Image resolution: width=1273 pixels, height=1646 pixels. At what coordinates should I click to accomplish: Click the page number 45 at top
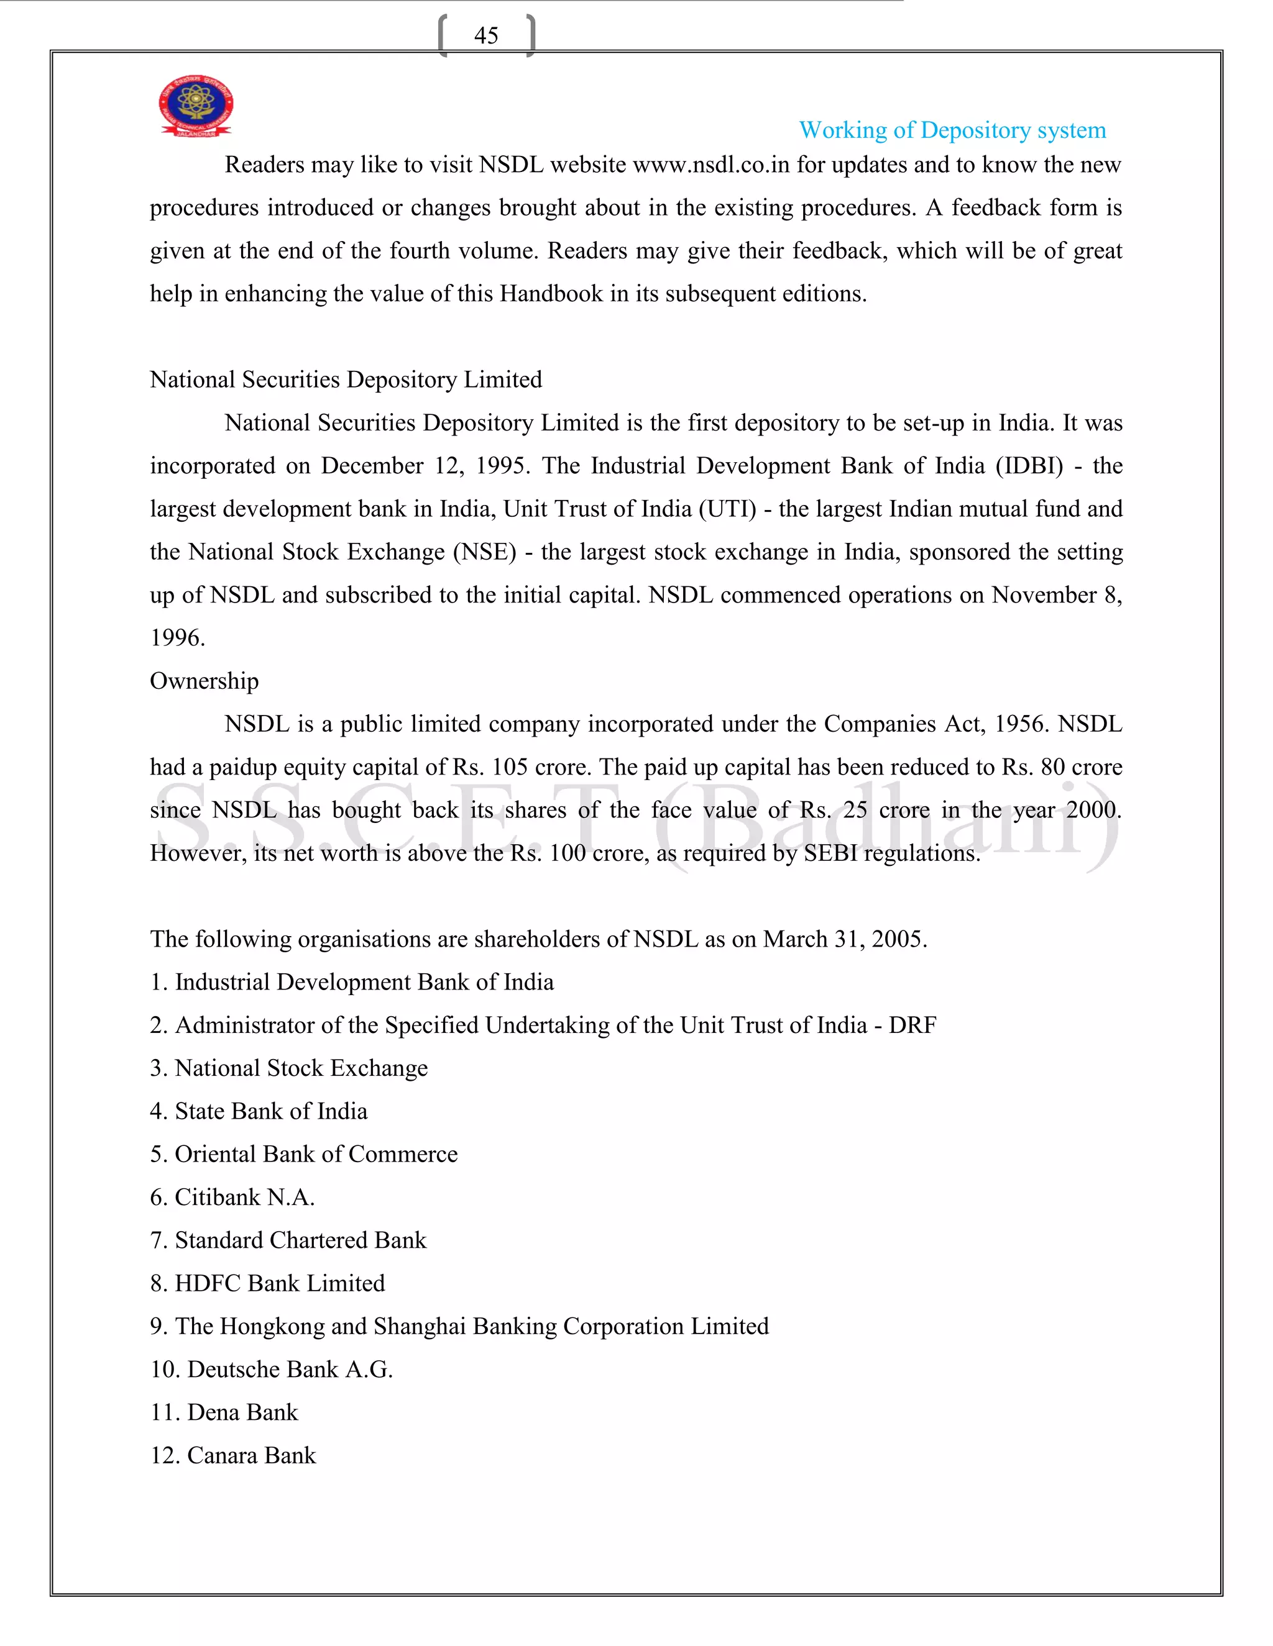pos(485,35)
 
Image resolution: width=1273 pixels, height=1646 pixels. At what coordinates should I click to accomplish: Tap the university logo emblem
pos(195,106)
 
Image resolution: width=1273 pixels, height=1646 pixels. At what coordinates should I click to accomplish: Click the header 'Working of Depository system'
pos(952,130)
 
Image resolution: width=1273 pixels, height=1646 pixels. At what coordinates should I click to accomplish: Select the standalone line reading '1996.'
pos(177,639)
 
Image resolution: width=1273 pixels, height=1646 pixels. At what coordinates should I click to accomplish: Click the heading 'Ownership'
pos(204,681)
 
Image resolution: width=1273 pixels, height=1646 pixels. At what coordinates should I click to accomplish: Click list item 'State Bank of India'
pos(270,1111)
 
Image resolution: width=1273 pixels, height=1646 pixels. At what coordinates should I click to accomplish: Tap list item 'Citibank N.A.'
pos(244,1197)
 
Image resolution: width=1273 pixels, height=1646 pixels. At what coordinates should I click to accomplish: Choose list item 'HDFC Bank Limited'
pos(279,1283)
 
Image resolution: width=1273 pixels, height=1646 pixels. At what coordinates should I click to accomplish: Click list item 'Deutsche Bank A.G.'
pos(290,1368)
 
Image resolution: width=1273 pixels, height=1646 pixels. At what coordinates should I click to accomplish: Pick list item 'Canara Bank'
pos(250,1455)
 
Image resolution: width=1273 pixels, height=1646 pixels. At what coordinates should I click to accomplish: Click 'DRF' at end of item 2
pos(912,1025)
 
